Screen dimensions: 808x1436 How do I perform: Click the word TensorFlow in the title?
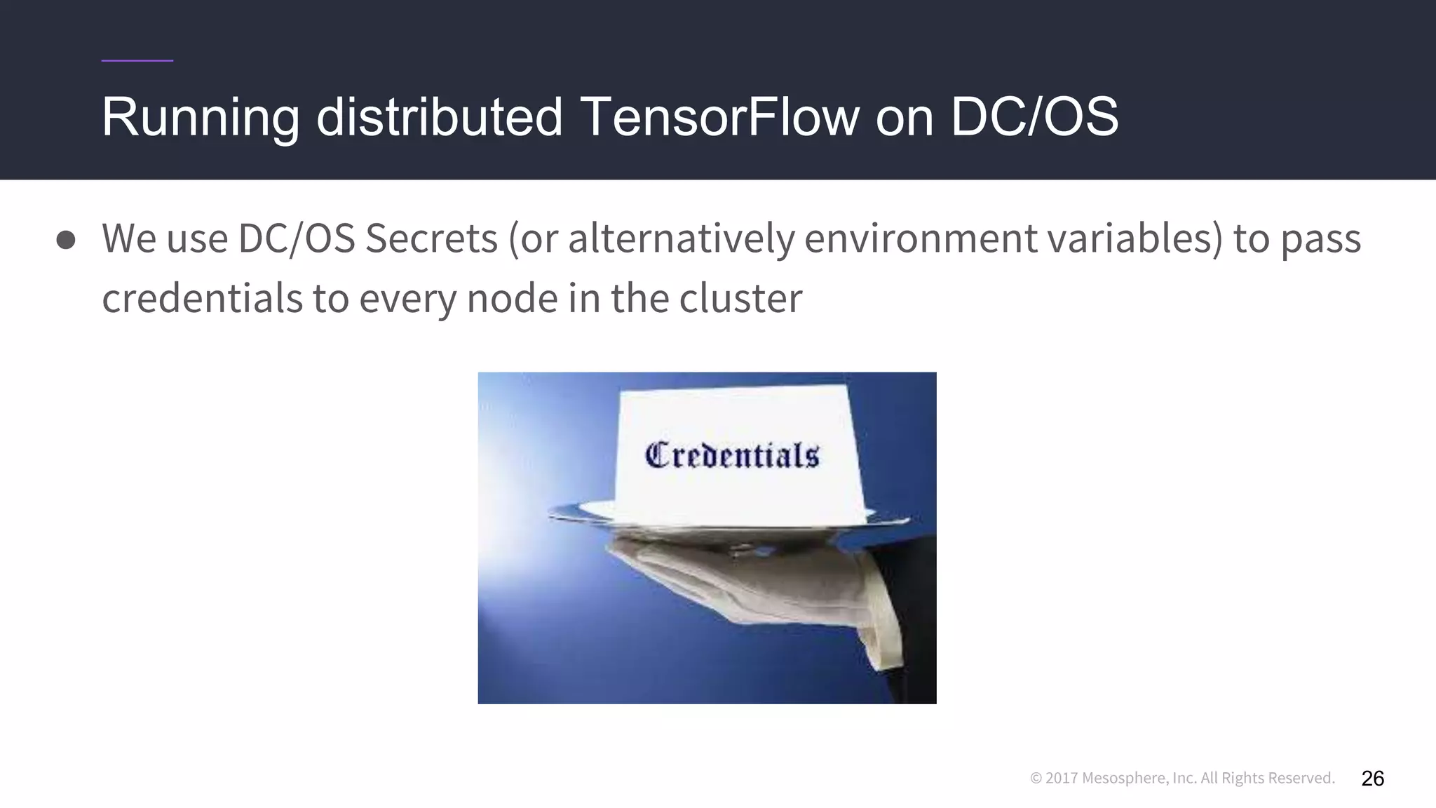pyautogui.click(x=719, y=116)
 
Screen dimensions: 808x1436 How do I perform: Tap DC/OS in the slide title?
pyautogui.click(x=1034, y=116)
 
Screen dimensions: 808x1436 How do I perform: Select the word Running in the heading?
pyautogui.click(x=201, y=118)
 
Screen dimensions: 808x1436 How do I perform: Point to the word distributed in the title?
pyautogui.click(x=440, y=116)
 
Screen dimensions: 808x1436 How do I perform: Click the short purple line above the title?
pyautogui.click(x=137, y=61)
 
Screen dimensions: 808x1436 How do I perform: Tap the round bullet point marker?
pyautogui.click(x=66, y=240)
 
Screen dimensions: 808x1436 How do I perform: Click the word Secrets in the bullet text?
pyautogui.click(x=431, y=238)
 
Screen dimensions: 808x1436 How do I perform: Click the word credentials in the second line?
pyautogui.click(x=202, y=298)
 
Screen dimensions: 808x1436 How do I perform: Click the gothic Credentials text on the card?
pyautogui.click(x=731, y=455)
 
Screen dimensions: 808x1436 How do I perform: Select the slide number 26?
pyautogui.click(x=1372, y=779)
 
